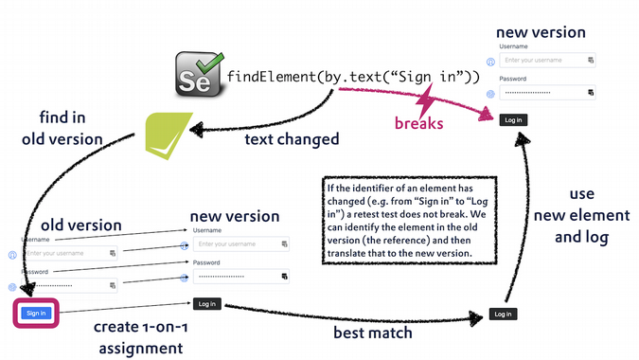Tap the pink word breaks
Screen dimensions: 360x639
[418, 122]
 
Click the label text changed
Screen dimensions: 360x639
[292, 139]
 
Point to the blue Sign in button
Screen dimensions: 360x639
[36, 313]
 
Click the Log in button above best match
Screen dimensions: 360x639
[502, 314]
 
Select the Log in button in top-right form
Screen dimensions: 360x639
[513, 119]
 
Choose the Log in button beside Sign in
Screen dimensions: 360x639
[206, 304]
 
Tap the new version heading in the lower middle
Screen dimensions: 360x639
[235, 216]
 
